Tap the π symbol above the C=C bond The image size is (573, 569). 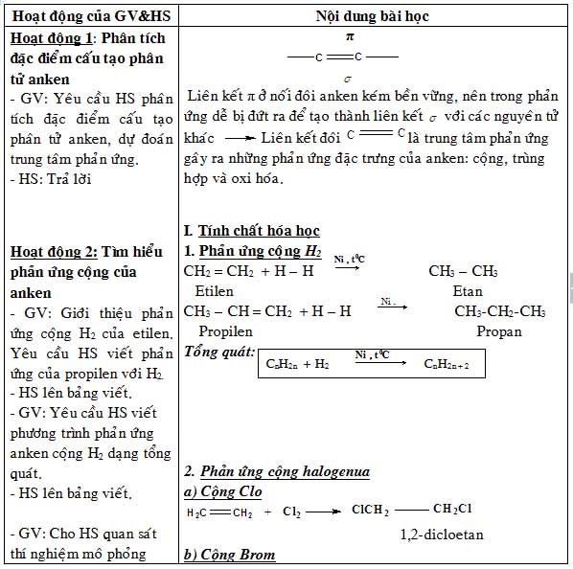tap(350, 35)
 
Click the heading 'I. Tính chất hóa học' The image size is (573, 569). tap(251, 231)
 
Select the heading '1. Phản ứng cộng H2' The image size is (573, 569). tap(253, 251)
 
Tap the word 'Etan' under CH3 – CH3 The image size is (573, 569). tap(468, 290)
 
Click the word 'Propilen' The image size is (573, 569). tap(225, 331)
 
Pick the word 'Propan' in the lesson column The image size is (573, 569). tap(499, 331)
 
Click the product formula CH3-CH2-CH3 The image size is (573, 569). tap(499, 311)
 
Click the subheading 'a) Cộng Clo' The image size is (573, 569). tap(221, 491)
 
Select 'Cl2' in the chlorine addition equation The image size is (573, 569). tap(291, 512)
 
